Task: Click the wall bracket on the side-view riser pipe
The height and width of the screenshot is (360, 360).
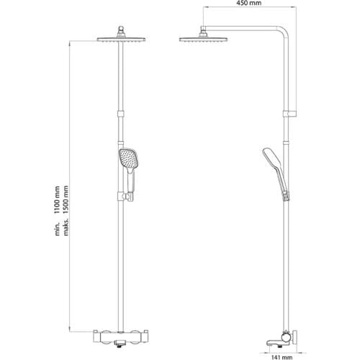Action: coord(290,113)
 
